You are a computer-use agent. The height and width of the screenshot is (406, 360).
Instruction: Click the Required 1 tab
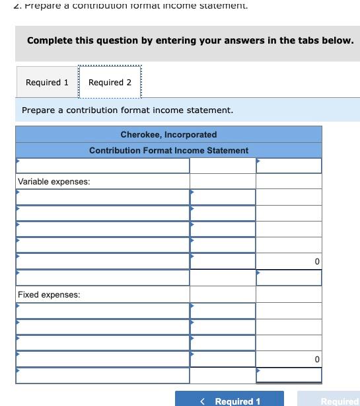(47, 83)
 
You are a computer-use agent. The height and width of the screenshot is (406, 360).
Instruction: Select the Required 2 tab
(110, 83)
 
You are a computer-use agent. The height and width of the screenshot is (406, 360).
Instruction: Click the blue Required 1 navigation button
(229, 400)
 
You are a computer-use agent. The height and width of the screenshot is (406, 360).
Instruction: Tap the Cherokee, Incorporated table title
(168, 134)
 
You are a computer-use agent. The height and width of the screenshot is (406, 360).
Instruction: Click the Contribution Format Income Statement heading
(168, 150)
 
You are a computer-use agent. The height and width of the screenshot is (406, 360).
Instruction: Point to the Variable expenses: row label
(54, 181)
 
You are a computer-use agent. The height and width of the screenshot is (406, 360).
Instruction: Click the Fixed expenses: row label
(49, 294)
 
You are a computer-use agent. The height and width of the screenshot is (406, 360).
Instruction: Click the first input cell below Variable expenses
(102, 197)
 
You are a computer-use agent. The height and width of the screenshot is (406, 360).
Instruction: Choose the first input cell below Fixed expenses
(102, 310)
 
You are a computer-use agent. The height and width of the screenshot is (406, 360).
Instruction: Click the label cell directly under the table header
(102, 165)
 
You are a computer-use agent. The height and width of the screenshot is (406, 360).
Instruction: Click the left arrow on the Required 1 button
(203, 401)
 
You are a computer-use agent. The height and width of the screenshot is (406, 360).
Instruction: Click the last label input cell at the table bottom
(102, 375)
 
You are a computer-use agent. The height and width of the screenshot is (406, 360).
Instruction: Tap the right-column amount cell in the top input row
(289, 165)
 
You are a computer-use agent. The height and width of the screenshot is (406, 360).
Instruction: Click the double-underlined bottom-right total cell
(289, 375)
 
